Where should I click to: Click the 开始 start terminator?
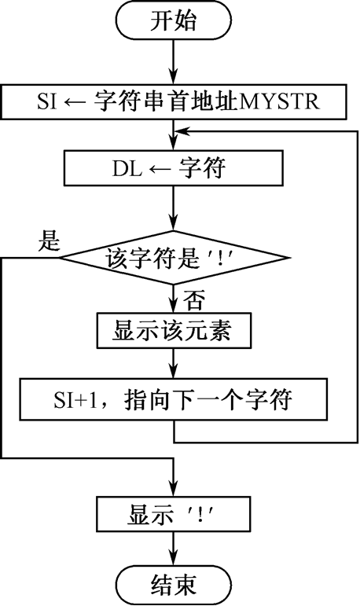point(173,20)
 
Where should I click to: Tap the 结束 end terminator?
point(173,585)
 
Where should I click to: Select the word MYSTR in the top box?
point(280,101)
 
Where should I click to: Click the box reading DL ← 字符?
point(173,168)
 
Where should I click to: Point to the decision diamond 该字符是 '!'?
point(174,257)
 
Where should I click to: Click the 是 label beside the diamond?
point(49,241)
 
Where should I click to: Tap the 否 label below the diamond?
point(193,300)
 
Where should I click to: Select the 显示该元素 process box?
point(174,330)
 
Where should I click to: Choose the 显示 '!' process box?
point(173,513)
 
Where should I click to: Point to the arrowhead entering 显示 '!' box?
point(173,488)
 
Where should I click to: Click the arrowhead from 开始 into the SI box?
point(173,76)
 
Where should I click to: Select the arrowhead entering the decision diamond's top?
point(173,223)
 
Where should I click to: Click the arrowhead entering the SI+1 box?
point(173,371)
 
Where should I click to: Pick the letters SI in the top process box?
point(47,101)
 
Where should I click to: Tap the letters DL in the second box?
point(127,169)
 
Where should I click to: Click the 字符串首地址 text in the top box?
point(167,101)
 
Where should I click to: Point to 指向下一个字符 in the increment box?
point(209,399)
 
